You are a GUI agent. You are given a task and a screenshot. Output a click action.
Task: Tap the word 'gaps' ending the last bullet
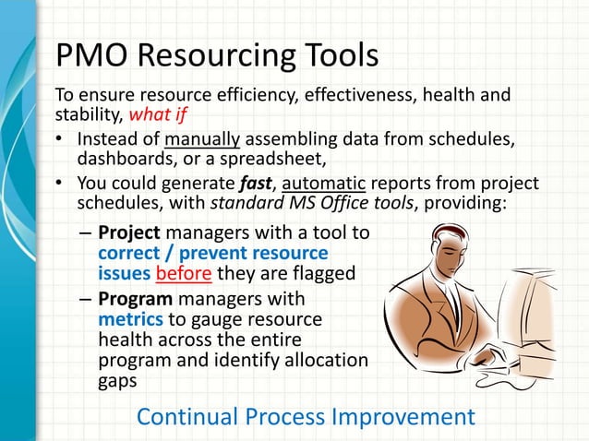(x=117, y=379)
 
